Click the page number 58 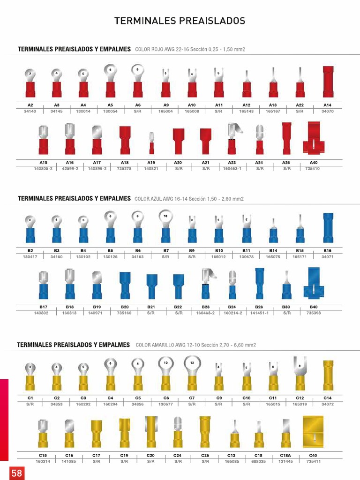(x=17, y=473)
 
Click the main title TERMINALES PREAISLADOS (x=180, y=21)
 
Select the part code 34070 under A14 (x=328, y=111)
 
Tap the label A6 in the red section (x=138, y=105)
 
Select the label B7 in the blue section (x=165, y=251)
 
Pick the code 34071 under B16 (x=328, y=257)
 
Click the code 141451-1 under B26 (x=259, y=313)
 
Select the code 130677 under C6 (x=165, y=404)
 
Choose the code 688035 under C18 (x=259, y=461)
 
